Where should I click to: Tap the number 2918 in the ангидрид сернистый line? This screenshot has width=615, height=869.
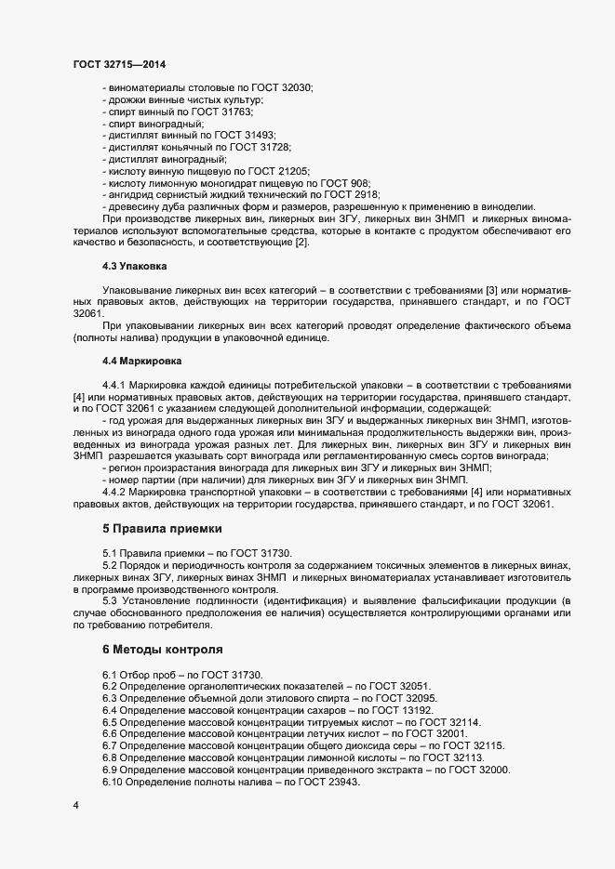click(364, 195)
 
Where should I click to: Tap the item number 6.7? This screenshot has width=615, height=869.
click(110, 745)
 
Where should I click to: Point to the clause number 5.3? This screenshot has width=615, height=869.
click(110, 599)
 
